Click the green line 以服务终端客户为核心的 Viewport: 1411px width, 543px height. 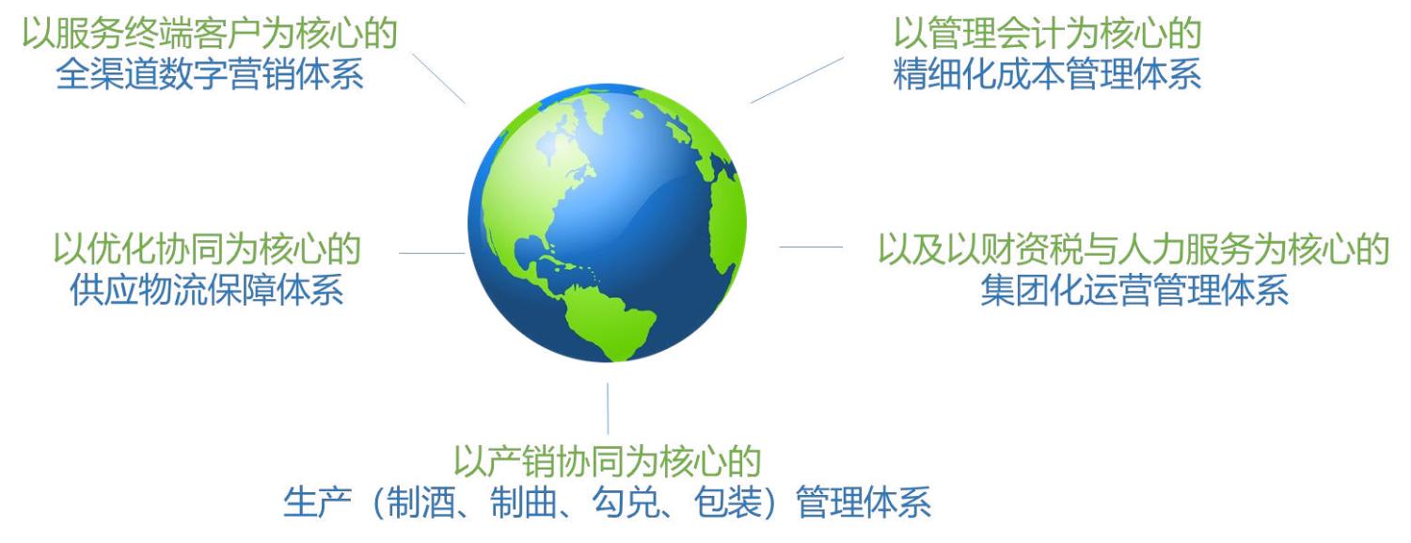click(x=210, y=33)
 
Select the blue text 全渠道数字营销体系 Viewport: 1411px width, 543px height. click(x=210, y=74)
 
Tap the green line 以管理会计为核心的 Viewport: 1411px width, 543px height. click(x=1047, y=33)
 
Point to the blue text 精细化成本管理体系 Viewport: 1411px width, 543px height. click(x=1047, y=74)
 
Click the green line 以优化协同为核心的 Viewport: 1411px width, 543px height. click(x=207, y=248)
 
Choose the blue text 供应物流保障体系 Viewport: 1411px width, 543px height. click(x=207, y=291)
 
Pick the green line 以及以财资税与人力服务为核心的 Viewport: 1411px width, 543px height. click(x=1134, y=248)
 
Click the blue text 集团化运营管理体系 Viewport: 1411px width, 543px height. click(x=1134, y=291)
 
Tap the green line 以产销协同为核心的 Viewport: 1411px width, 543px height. click(x=608, y=462)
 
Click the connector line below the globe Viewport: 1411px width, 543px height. click(x=608, y=408)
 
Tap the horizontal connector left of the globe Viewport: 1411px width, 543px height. click(x=432, y=253)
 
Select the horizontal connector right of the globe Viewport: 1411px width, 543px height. click(x=811, y=247)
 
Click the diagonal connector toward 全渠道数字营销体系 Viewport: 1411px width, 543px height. click(x=439, y=78)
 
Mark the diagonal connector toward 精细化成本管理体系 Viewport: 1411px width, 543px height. click(x=797, y=80)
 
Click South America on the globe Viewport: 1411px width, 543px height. click(x=608, y=321)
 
